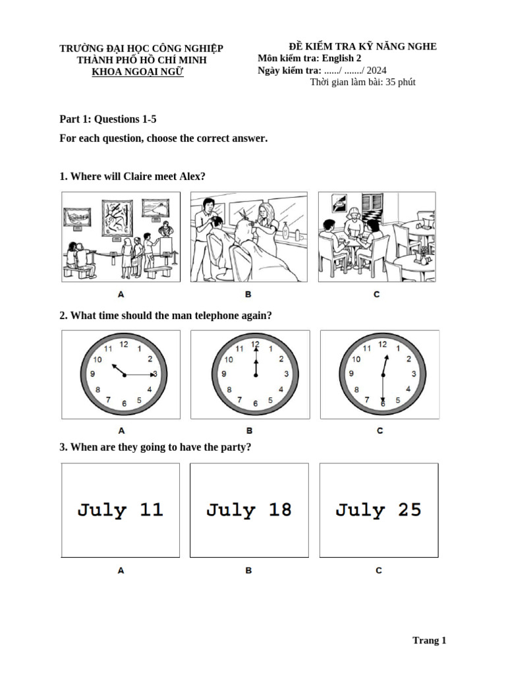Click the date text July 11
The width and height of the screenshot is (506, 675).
[x=120, y=510]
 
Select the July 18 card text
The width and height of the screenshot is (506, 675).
[x=248, y=510]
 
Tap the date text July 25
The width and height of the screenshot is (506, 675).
[x=378, y=510]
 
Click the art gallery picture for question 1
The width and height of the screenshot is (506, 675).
[x=121, y=237]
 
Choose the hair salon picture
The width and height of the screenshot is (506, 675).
[x=248, y=237]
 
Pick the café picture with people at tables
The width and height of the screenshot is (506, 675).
[x=377, y=237]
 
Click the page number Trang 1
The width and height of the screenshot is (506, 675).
[x=429, y=640]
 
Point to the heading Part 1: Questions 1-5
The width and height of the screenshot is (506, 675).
[x=108, y=119]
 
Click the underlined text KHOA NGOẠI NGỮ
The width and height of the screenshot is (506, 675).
[x=138, y=71]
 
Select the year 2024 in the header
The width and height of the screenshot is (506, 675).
[x=376, y=70]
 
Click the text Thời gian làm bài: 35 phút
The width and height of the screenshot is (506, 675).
[x=362, y=82]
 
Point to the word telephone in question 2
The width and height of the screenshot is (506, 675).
[x=176, y=315]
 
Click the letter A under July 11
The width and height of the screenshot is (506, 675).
[x=121, y=570]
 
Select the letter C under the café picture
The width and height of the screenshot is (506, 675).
[x=376, y=294]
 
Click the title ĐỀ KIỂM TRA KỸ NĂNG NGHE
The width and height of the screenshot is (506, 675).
[x=362, y=46]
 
